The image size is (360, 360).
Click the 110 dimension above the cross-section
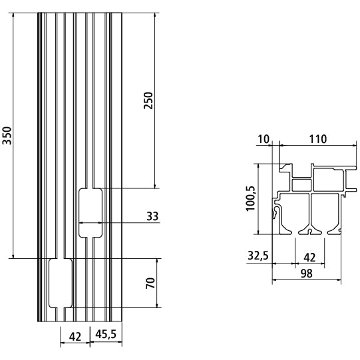click(317, 139)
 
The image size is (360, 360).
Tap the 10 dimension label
click(265, 139)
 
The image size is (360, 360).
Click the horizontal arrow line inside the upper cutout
click(90, 222)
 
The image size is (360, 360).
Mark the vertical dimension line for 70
click(159, 283)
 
